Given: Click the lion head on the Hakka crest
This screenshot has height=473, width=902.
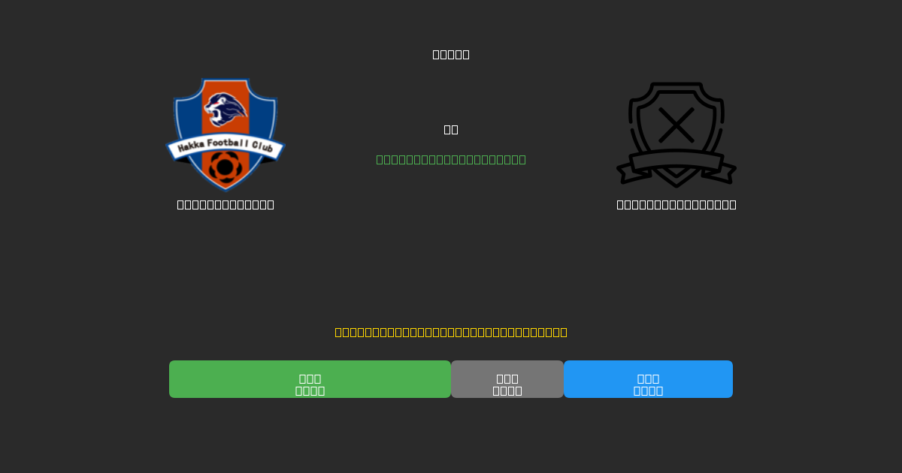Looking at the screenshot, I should (x=225, y=110).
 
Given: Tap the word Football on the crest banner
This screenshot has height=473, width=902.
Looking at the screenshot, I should (x=225, y=143).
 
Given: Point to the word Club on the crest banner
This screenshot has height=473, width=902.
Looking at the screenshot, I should (x=263, y=148).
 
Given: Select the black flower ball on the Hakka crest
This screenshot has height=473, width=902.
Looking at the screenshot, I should (x=225, y=167).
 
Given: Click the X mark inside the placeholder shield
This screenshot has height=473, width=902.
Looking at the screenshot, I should (x=676, y=125).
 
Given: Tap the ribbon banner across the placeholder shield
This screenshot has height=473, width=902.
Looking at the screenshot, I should (x=676, y=161).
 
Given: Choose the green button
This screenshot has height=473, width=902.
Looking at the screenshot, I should (x=310, y=379).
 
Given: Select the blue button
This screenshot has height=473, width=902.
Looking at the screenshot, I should (x=648, y=379).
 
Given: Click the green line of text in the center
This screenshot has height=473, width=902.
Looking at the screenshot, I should (x=451, y=159).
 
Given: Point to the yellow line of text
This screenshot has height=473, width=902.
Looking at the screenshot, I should (x=451, y=332).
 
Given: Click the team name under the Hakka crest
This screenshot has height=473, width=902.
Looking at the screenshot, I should (x=225, y=204).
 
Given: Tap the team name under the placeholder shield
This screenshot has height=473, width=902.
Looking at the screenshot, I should (x=676, y=204).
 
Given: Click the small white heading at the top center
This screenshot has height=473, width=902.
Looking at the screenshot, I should (x=451, y=54).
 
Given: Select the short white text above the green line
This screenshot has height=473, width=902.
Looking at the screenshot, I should (x=451, y=129).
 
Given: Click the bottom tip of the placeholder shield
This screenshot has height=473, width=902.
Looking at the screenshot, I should (x=676, y=183).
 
